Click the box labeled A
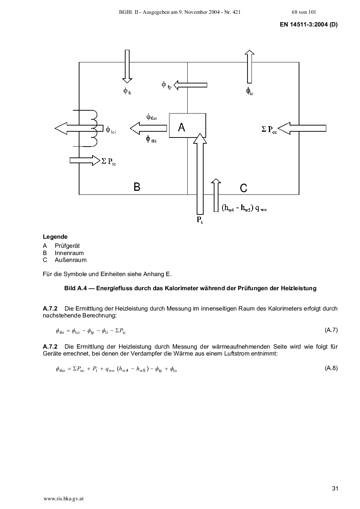[x=188, y=126]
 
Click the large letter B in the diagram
[x=137, y=187]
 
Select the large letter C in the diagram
[x=244, y=188]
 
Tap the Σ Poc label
[x=269, y=130]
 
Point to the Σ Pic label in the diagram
[x=109, y=161]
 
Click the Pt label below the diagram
[x=200, y=220]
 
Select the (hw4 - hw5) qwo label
[x=244, y=208]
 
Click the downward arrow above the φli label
[x=127, y=66]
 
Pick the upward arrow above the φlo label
[x=249, y=67]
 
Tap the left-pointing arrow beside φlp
[x=191, y=85]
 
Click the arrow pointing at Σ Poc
[x=302, y=128]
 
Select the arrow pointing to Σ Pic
[x=85, y=160]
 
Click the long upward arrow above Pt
[x=200, y=174]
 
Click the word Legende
[x=55, y=237]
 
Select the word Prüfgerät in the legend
[x=67, y=246]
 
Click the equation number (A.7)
[x=331, y=330]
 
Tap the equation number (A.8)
[x=331, y=368]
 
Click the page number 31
[x=335, y=488]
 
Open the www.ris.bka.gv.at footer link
[x=64, y=499]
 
